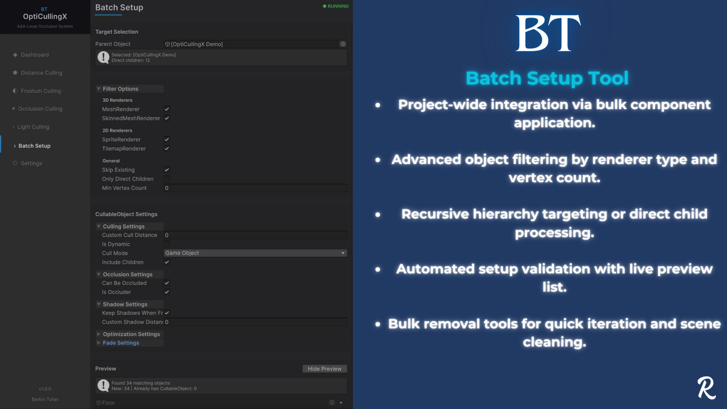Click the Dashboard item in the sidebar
pyautogui.click(x=35, y=55)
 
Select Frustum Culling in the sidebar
pyautogui.click(x=41, y=91)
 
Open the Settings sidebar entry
pyautogui.click(x=31, y=164)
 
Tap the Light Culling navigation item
pyautogui.click(x=33, y=127)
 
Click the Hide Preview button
pyautogui.click(x=325, y=368)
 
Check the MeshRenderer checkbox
pyautogui.click(x=167, y=109)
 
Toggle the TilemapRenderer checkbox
pyautogui.click(x=167, y=148)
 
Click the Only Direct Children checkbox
pyautogui.click(x=167, y=179)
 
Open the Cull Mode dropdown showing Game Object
pyautogui.click(x=255, y=253)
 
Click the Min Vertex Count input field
pyautogui.click(x=255, y=188)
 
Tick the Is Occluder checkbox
pyautogui.click(x=167, y=292)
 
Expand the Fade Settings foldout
pyautogui.click(x=121, y=343)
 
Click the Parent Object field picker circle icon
pyautogui.click(x=343, y=44)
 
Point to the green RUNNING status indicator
pyautogui.click(x=336, y=6)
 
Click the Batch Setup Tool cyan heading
pyautogui.click(x=547, y=78)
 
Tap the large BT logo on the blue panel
pyautogui.click(x=548, y=33)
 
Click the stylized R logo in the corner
pyautogui.click(x=706, y=388)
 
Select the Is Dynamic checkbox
pyautogui.click(x=167, y=244)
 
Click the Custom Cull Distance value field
pyautogui.click(x=255, y=235)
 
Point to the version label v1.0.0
pyautogui.click(x=45, y=389)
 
